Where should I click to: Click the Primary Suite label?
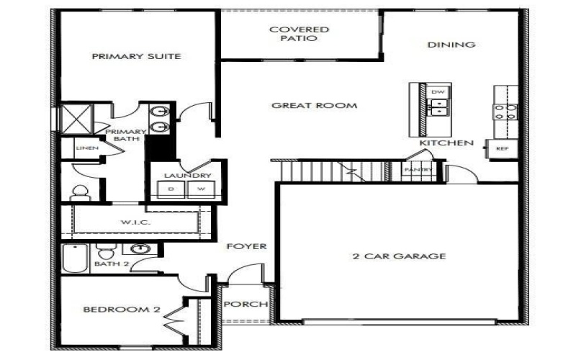click(x=136, y=56)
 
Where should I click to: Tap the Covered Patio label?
click(x=299, y=34)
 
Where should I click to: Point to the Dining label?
click(x=451, y=45)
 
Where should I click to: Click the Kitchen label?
click(x=446, y=143)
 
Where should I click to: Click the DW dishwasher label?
click(x=437, y=93)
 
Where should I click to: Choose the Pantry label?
click(x=418, y=170)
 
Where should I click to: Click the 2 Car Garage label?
click(x=400, y=256)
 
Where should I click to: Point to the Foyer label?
click(x=247, y=246)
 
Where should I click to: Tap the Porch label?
click(x=246, y=304)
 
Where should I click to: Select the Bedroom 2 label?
click(x=120, y=310)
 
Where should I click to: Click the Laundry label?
click(x=186, y=176)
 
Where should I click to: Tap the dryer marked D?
click(x=171, y=189)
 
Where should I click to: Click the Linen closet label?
click(x=83, y=148)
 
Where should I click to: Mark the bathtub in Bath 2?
click(x=75, y=257)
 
